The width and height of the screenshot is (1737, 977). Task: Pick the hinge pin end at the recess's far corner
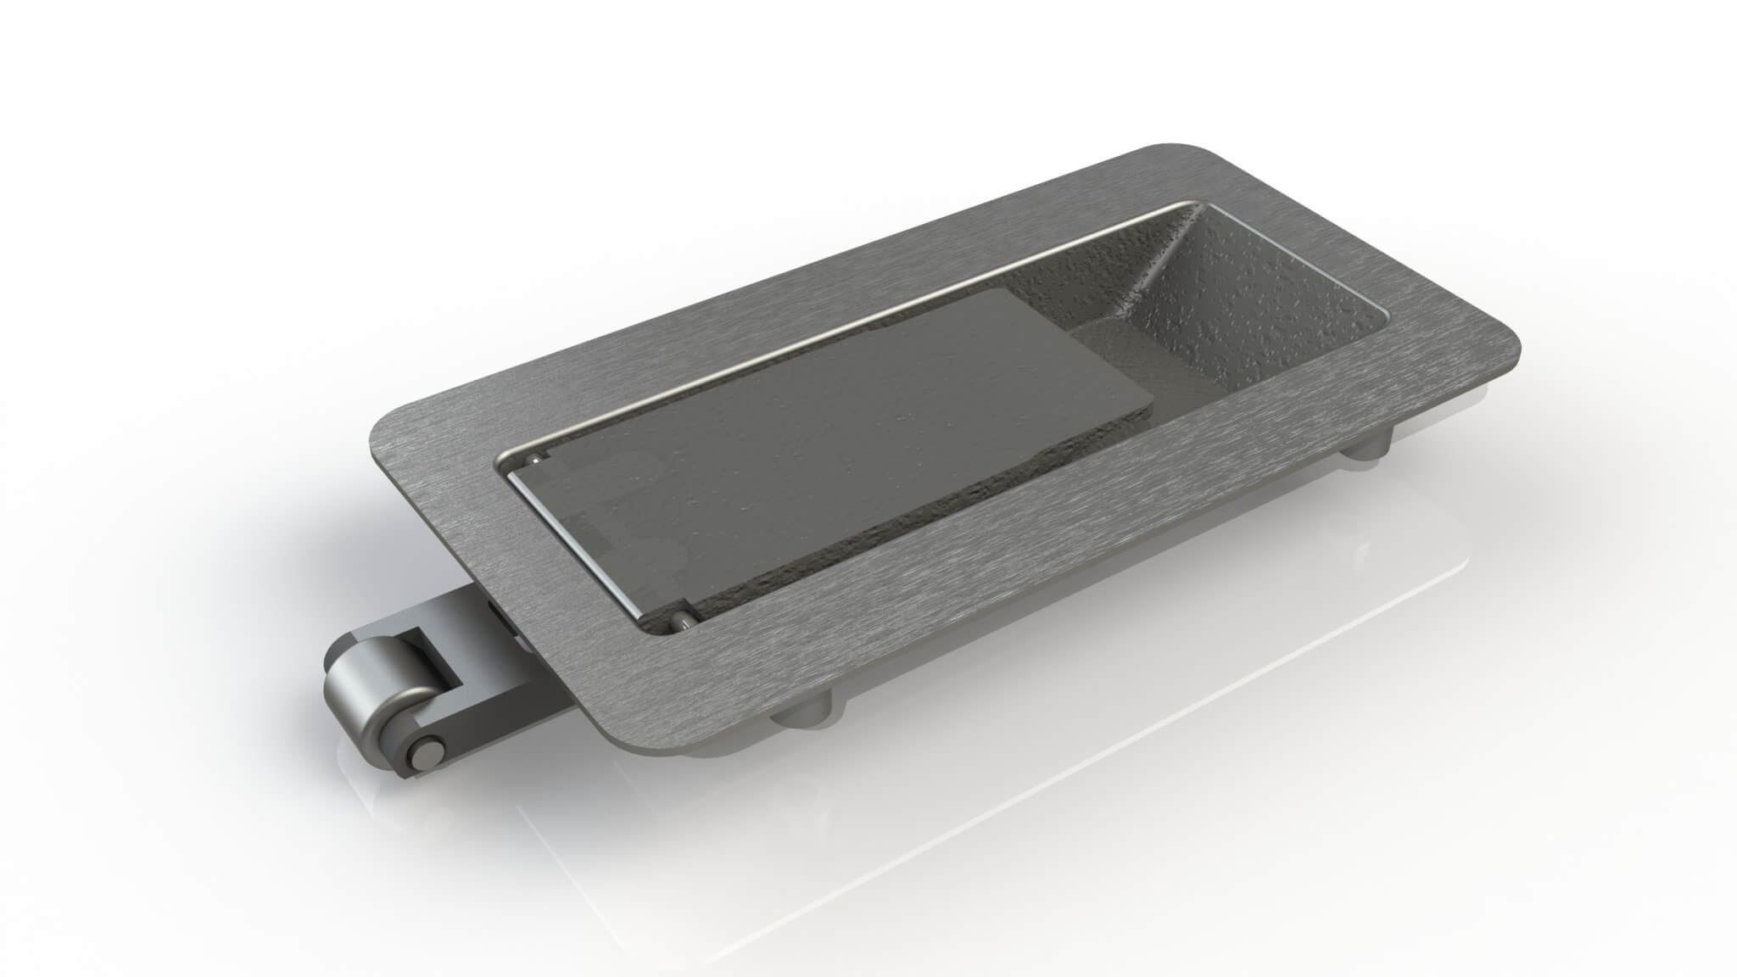(534, 459)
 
